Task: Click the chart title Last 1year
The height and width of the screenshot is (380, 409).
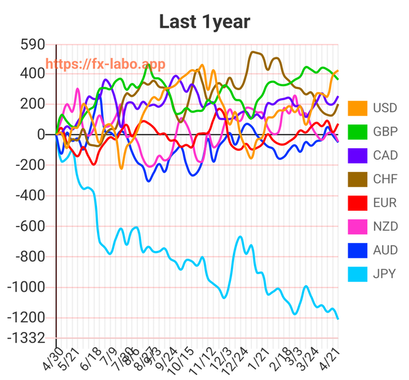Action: (204, 22)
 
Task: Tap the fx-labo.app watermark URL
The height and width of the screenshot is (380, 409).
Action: (106, 64)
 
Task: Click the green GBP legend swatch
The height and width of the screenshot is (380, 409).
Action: (358, 132)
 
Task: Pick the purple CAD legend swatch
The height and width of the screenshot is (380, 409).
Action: (358, 155)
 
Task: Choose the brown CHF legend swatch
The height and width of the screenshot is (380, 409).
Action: (358, 179)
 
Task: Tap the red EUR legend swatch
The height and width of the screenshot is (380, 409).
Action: (358, 203)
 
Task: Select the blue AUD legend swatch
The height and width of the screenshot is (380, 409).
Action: (358, 250)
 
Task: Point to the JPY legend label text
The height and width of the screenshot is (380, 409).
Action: (385, 273)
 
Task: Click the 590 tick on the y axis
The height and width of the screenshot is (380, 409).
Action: (32, 45)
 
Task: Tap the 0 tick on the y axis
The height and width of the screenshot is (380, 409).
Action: (41, 134)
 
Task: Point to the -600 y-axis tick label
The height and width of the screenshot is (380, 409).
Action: (27, 226)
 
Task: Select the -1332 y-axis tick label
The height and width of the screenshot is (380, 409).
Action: (25, 338)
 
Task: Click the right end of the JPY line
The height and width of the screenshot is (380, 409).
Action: (338, 319)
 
